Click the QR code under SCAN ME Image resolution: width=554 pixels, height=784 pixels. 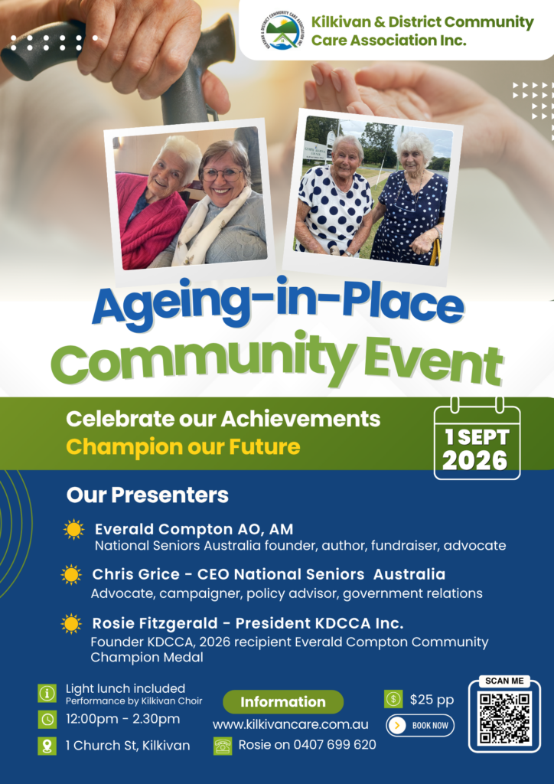pyautogui.click(x=504, y=718)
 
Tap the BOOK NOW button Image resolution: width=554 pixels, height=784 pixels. pyautogui.click(x=420, y=726)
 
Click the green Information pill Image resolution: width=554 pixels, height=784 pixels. pyautogui.click(x=283, y=701)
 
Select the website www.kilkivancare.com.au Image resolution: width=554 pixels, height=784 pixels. pyautogui.click(x=291, y=724)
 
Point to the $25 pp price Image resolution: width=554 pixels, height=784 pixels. pyautogui.click(x=432, y=700)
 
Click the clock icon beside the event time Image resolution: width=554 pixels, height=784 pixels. pyautogui.click(x=47, y=720)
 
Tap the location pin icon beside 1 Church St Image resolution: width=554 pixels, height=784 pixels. pyautogui.click(x=47, y=746)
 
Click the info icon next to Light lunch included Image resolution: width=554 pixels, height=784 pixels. pyautogui.click(x=47, y=693)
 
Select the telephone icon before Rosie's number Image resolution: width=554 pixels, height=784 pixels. pyautogui.click(x=223, y=746)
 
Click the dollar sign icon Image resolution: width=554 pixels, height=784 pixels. pyautogui.click(x=393, y=699)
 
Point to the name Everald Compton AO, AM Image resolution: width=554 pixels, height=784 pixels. pyautogui.click(x=194, y=529)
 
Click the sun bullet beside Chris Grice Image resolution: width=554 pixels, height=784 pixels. pyautogui.click(x=71, y=574)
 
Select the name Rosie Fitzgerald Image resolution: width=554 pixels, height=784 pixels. pyautogui.click(x=155, y=623)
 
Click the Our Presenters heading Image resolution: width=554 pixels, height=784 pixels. pyautogui.click(x=148, y=495)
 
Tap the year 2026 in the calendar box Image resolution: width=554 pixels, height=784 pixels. pyautogui.click(x=475, y=461)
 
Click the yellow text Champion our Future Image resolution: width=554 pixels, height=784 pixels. pyautogui.click(x=183, y=446)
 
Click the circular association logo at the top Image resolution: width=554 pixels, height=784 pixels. pyautogui.click(x=283, y=31)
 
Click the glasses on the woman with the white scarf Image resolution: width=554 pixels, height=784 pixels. pyautogui.click(x=222, y=174)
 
